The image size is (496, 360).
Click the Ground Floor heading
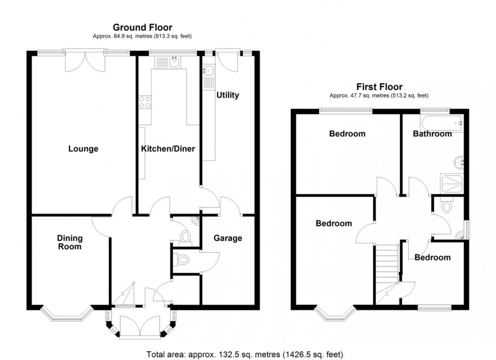coord(142,27)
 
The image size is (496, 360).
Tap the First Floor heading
coord(380,87)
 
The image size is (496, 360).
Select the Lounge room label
coord(84,149)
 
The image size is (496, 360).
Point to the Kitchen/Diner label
coord(168,149)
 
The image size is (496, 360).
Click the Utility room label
coord(227,95)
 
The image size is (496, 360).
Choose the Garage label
coord(227,238)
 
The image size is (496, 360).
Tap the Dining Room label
coord(69,242)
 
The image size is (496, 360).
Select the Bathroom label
coord(432,134)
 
